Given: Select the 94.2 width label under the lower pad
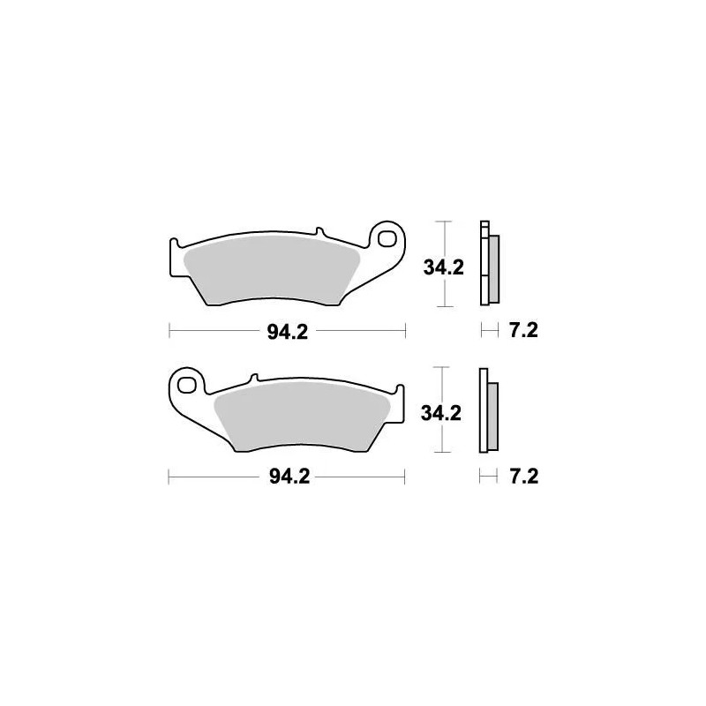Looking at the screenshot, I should (x=286, y=477).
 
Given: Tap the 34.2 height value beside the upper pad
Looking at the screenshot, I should (x=442, y=267).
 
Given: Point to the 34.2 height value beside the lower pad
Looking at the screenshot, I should (x=442, y=413).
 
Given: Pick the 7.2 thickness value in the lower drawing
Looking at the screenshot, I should (x=522, y=477).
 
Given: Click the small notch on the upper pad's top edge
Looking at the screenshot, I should (x=319, y=234).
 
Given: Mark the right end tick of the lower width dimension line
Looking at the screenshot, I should (x=404, y=477).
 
